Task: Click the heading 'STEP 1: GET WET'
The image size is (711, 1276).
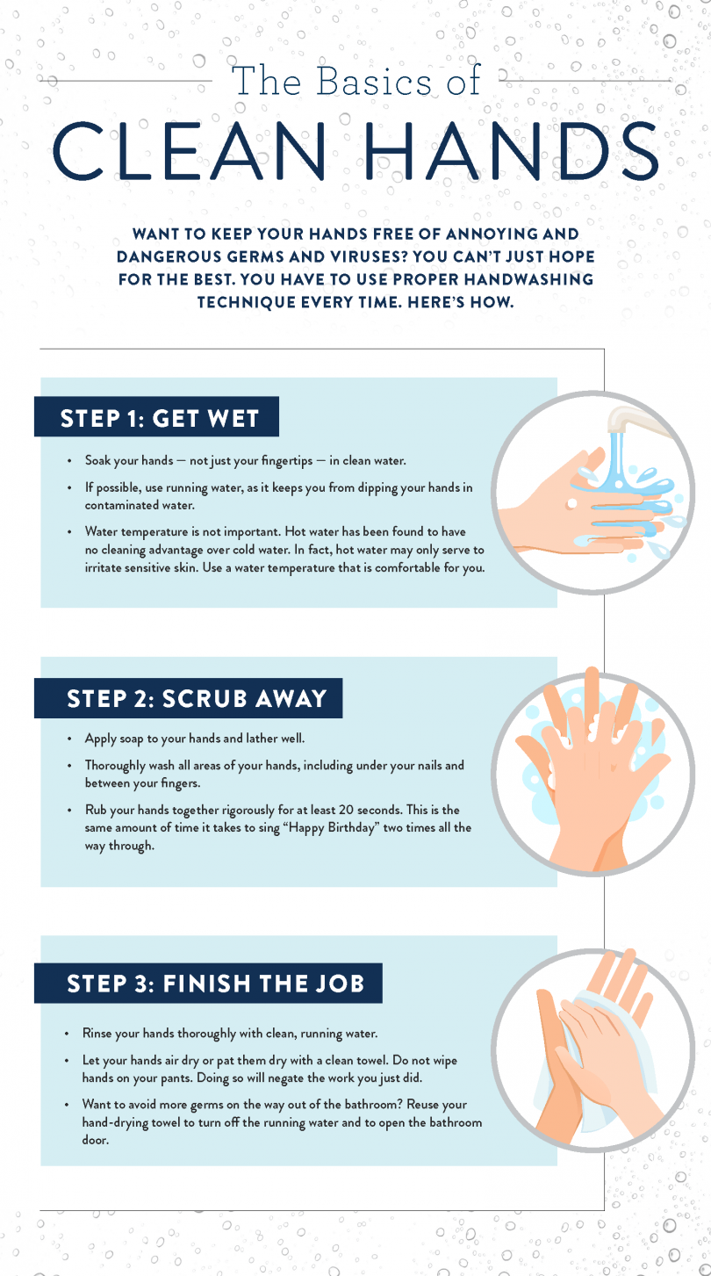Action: pos(159,418)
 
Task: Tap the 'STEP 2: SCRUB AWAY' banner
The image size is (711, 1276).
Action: pos(197,699)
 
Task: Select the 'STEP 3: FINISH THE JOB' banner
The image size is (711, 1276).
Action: pos(215,983)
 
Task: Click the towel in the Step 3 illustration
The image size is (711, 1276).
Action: pos(606,1054)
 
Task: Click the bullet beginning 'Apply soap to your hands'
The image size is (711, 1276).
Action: pos(194,739)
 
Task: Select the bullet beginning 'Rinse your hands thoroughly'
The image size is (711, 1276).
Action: pos(230,1034)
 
